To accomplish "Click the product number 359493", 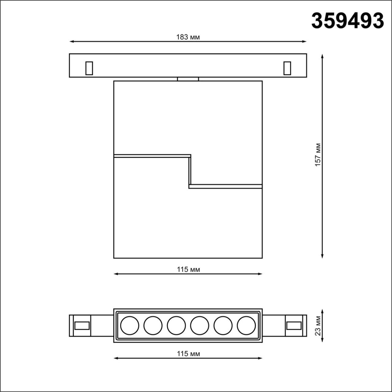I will click(x=348, y=21).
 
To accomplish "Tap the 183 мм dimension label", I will click(x=188, y=37).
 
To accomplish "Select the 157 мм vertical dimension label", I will click(x=318, y=155).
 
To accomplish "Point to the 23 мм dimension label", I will click(x=318, y=326).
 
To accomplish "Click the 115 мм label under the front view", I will click(x=188, y=269).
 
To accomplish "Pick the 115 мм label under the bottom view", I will click(x=188, y=354).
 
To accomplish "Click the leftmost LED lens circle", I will click(x=130, y=325).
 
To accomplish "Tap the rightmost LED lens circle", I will click(x=246, y=325).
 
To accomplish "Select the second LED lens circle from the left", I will click(x=153, y=325).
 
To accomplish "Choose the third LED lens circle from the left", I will click(x=176, y=325).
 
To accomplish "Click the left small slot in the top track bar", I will click(x=89, y=68).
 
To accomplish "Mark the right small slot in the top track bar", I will click(x=287, y=68).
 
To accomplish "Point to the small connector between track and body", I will click(x=188, y=79).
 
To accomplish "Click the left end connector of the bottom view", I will click(x=80, y=326).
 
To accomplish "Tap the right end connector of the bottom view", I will click(x=296, y=326).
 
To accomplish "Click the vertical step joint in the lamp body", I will click(x=190, y=171).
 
